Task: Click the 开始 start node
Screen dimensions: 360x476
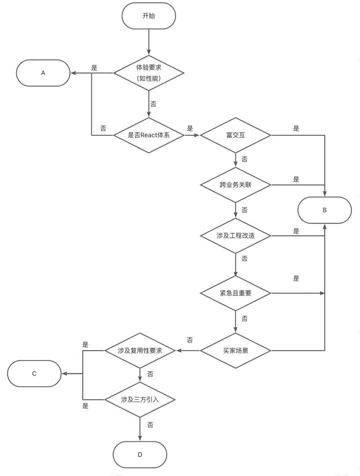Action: (148, 16)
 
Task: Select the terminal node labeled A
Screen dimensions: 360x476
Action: (43, 73)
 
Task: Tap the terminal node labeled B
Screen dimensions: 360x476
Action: (324, 210)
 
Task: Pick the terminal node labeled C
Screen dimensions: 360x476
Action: (34, 374)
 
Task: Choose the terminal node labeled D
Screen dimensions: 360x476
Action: (139, 455)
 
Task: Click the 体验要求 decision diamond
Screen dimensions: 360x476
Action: (148, 73)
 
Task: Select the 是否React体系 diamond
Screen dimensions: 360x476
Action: (148, 135)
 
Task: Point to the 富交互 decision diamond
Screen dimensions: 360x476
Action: (235, 135)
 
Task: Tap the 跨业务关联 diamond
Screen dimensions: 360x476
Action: (235, 185)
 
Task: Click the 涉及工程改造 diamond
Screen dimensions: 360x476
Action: (235, 236)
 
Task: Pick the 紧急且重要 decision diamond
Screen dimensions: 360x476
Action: (235, 293)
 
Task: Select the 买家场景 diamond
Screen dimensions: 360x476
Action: (235, 351)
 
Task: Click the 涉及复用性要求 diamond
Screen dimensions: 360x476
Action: (139, 351)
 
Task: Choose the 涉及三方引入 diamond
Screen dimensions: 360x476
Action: (139, 400)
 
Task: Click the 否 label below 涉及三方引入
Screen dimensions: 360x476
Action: (150, 425)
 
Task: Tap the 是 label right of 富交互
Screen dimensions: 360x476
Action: (296, 128)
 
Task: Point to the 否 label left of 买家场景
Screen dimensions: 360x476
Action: (190, 340)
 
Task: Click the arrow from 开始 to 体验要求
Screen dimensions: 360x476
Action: (148, 42)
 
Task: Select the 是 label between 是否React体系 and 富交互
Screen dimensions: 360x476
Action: (190, 128)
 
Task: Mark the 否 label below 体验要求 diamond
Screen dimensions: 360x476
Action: (153, 104)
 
